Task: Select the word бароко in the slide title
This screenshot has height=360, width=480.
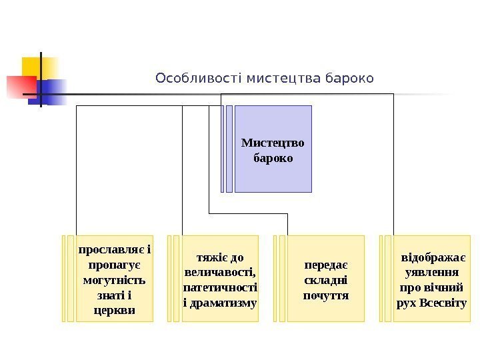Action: click(x=348, y=79)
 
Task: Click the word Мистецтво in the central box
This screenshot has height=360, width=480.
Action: click(x=273, y=143)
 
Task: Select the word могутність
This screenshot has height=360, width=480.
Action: click(x=114, y=280)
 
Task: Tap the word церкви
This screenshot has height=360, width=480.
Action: click(x=114, y=310)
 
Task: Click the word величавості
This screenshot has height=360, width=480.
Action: click(x=219, y=273)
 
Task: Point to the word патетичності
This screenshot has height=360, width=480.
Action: click(x=219, y=287)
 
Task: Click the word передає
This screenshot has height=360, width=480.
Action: click(x=325, y=265)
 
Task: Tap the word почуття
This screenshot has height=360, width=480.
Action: click(x=325, y=295)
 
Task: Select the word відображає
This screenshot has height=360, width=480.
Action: click(x=433, y=258)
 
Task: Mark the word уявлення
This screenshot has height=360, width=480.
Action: click(x=432, y=273)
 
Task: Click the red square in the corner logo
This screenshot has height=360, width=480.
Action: click(x=20, y=86)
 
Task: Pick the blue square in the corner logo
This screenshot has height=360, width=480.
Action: click(x=53, y=91)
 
